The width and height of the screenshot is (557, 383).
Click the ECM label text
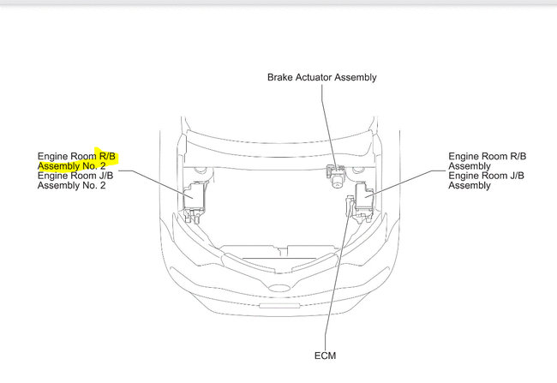pyautogui.click(x=325, y=356)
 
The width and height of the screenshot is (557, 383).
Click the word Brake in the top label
pyautogui.click(x=278, y=77)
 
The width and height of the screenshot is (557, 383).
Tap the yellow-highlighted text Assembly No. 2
pyautogui.click(x=71, y=166)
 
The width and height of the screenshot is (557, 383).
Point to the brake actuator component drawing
pyautogui.click(x=335, y=175)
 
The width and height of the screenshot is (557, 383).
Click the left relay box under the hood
pyautogui.click(x=194, y=200)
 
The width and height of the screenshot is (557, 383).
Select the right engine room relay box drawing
pyautogui.click(x=363, y=201)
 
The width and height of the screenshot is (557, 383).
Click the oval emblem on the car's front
pyautogui.click(x=279, y=288)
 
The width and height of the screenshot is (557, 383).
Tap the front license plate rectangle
pyautogui.click(x=279, y=306)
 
